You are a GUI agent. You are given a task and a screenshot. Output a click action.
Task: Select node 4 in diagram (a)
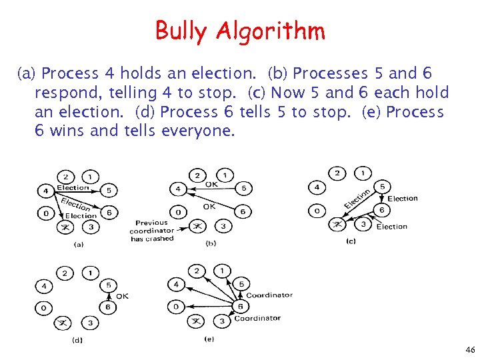tap(45, 191)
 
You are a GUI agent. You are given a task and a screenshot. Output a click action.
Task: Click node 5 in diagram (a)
tap(110, 191)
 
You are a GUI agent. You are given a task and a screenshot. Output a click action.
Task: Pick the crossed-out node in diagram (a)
tap(65, 227)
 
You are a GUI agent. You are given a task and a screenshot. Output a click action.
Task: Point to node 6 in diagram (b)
tap(243, 212)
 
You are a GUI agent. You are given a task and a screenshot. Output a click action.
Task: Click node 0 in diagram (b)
tap(178, 212)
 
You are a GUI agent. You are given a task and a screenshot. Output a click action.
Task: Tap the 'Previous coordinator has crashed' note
tap(152, 231)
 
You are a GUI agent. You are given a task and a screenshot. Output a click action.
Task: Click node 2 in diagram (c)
tap(339, 173)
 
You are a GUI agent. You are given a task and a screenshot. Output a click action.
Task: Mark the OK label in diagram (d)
tap(123, 296)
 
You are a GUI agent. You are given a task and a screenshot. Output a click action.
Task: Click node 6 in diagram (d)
tap(108, 307)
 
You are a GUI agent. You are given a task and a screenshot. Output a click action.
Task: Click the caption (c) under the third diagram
tap(351, 241)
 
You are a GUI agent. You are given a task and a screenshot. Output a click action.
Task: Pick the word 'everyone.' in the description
tap(199, 131)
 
